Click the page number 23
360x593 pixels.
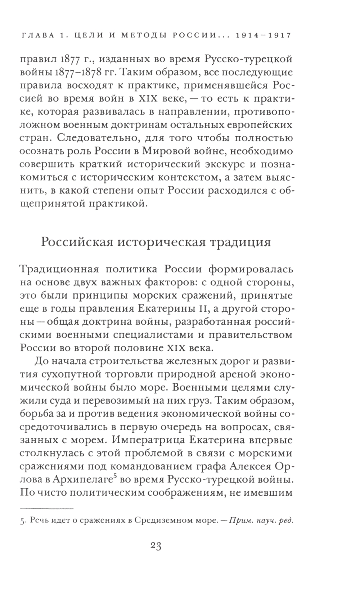156,546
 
